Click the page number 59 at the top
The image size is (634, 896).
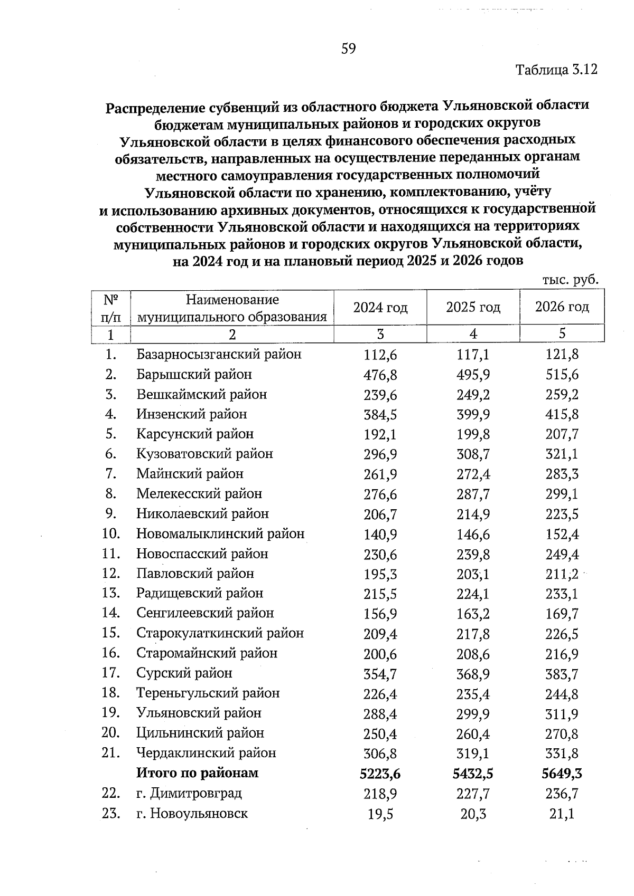tap(349, 49)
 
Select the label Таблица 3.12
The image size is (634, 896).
tap(556, 70)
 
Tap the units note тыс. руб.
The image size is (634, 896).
tap(570, 280)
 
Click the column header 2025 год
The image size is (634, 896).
tap(473, 307)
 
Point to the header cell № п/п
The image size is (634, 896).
tap(110, 308)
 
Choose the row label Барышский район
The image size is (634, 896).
tap(194, 375)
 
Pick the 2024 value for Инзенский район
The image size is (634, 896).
tap(380, 415)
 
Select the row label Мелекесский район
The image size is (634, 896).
tap(199, 494)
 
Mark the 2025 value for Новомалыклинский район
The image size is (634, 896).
tap(473, 535)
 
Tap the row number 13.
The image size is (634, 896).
tap(111, 594)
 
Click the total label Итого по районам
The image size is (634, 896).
tap(198, 773)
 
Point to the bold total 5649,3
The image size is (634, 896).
tap(562, 774)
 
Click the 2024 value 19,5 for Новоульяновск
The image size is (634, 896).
tap(380, 814)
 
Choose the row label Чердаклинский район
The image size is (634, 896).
tap(206, 753)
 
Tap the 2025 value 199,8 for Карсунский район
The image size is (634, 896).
tap(473, 435)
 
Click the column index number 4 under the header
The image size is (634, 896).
tap(473, 333)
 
